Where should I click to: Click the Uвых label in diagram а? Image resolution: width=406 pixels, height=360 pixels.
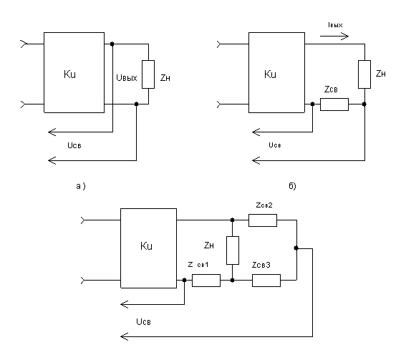(127, 77)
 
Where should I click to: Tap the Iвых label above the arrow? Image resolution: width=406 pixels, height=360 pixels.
(335, 25)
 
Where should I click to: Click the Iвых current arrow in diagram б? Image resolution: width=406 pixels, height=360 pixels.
(334, 37)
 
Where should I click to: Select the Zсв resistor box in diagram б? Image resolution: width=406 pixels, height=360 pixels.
(334, 104)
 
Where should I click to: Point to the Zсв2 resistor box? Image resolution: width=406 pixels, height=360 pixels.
(263, 220)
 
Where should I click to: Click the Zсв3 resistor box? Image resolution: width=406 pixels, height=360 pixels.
(266, 281)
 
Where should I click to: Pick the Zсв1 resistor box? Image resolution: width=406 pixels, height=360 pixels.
(206, 281)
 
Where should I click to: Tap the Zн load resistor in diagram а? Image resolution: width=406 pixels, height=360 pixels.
(148, 74)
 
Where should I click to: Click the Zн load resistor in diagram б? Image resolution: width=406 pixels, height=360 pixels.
(364, 74)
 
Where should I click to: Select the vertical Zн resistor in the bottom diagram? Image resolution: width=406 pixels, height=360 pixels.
(233, 250)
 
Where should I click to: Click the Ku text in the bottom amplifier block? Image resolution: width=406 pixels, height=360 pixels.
(146, 246)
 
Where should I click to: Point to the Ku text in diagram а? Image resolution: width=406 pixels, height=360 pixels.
(69, 74)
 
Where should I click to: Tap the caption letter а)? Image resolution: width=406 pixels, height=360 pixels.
(81, 186)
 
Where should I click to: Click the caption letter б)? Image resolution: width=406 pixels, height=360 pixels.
(292, 186)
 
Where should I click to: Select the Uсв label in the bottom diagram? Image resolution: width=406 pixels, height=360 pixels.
(143, 321)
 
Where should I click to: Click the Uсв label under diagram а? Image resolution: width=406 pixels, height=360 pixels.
(74, 145)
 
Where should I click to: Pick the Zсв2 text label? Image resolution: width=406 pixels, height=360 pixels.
(264, 205)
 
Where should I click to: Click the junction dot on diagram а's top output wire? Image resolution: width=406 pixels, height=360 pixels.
(112, 44)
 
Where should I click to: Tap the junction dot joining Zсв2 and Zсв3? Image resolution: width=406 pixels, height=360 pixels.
(296, 248)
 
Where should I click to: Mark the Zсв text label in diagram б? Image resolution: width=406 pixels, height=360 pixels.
(331, 89)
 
